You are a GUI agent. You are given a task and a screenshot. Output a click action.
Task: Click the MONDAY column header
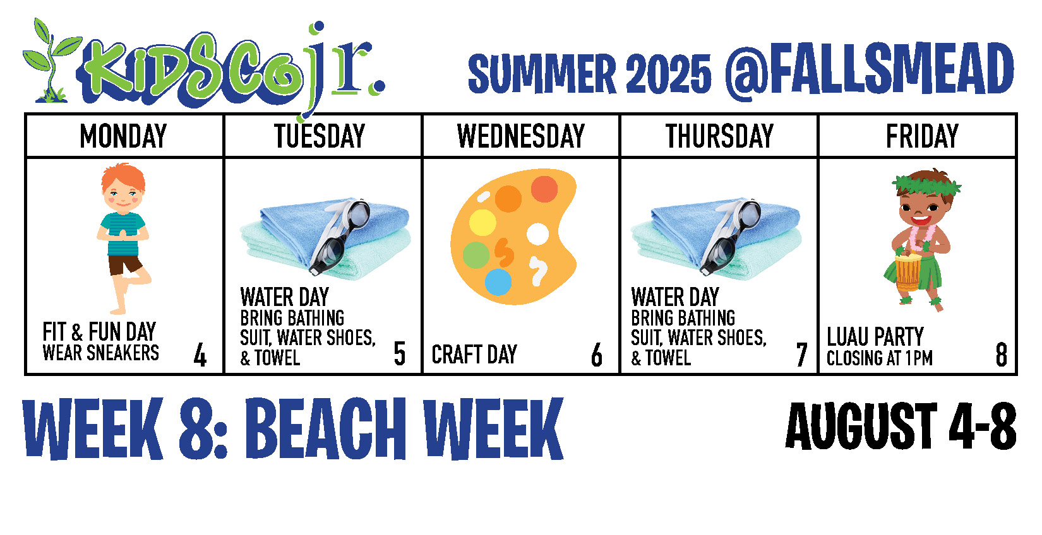click(x=123, y=136)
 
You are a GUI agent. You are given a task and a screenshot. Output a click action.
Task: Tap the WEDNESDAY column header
click(x=520, y=136)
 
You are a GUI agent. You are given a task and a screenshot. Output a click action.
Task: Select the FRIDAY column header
click(x=922, y=136)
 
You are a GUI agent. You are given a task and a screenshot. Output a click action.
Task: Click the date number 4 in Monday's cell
click(x=200, y=355)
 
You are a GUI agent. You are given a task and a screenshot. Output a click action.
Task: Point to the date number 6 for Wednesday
click(x=597, y=355)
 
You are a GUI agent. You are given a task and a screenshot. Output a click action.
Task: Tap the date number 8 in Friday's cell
click(x=1002, y=355)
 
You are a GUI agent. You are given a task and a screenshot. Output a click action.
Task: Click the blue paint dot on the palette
click(x=498, y=282)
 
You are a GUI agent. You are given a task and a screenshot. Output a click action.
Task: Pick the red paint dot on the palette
click(x=544, y=189)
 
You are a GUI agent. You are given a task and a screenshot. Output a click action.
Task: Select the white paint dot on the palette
click(x=538, y=234)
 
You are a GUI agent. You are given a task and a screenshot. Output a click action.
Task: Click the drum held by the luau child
click(x=907, y=272)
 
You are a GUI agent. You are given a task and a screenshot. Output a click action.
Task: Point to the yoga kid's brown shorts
click(x=125, y=264)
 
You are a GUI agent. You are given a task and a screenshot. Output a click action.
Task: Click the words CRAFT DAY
click(x=474, y=355)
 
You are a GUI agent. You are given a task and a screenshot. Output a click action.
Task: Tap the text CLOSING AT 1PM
click(x=880, y=358)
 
